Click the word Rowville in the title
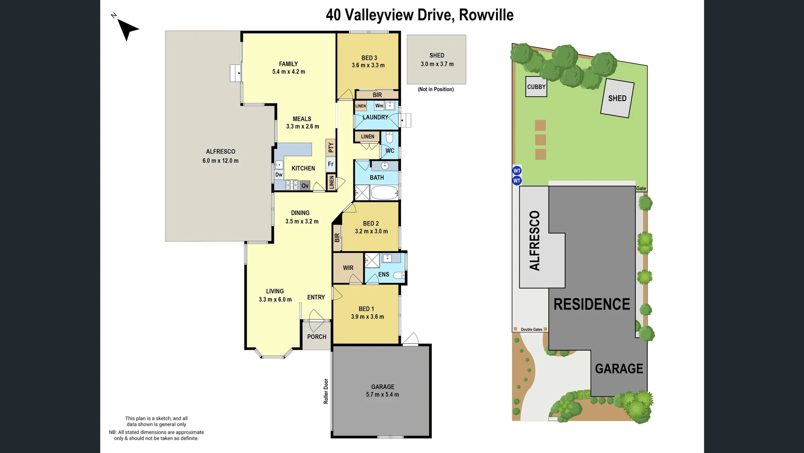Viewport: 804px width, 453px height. point(486,15)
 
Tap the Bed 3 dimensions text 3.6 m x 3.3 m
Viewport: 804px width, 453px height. point(368,65)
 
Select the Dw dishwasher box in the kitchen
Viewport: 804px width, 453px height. point(279,175)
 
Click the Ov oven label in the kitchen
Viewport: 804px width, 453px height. point(305,186)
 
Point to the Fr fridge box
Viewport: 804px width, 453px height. point(331,164)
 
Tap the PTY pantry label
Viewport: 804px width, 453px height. point(331,147)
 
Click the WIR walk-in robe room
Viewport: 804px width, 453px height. point(348,268)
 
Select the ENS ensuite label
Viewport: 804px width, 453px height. point(384,274)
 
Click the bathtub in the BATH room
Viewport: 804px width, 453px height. point(385,193)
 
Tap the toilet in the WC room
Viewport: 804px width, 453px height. point(389,137)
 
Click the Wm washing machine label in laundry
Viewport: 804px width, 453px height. point(379,106)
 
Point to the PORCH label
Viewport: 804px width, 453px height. point(316,337)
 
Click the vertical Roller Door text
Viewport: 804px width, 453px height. point(326,391)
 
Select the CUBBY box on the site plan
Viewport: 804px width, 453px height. point(536,87)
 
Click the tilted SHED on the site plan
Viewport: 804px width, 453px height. point(617,99)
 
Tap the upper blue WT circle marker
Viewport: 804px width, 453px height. point(517,171)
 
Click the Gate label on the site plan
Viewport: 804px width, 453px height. point(641,189)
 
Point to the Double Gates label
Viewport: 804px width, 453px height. point(532,330)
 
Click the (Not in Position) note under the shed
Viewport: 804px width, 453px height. point(436,89)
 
